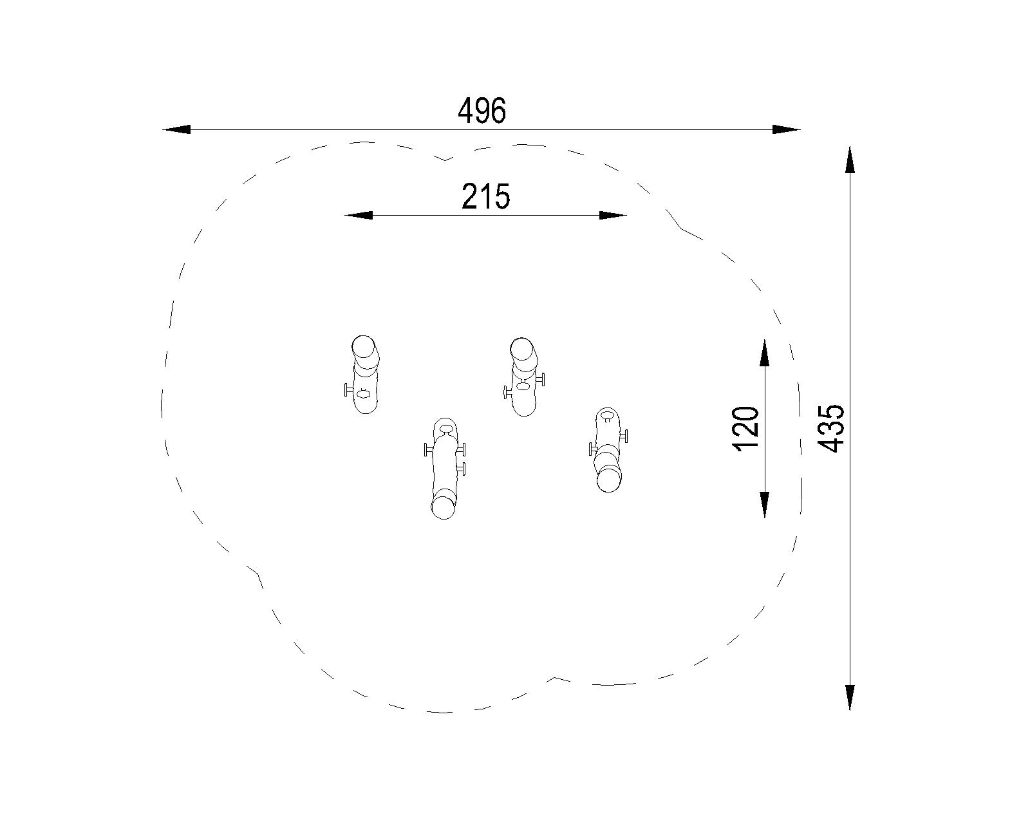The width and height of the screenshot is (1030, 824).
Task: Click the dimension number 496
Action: (482, 111)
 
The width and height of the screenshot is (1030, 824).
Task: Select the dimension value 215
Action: (486, 197)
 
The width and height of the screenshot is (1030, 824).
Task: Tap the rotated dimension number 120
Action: (745, 429)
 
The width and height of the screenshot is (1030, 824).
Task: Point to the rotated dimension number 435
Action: (831, 429)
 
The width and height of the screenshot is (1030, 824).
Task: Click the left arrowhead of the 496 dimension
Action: (176, 129)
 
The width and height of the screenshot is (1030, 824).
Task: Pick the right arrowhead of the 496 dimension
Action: (786, 129)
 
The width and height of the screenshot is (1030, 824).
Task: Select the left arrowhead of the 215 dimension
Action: (359, 216)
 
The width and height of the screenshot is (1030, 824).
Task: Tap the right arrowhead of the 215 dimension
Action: (613, 216)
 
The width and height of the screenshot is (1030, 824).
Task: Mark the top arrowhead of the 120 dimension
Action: (764, 354)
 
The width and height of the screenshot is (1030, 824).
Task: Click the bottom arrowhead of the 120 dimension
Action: (764, 504)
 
